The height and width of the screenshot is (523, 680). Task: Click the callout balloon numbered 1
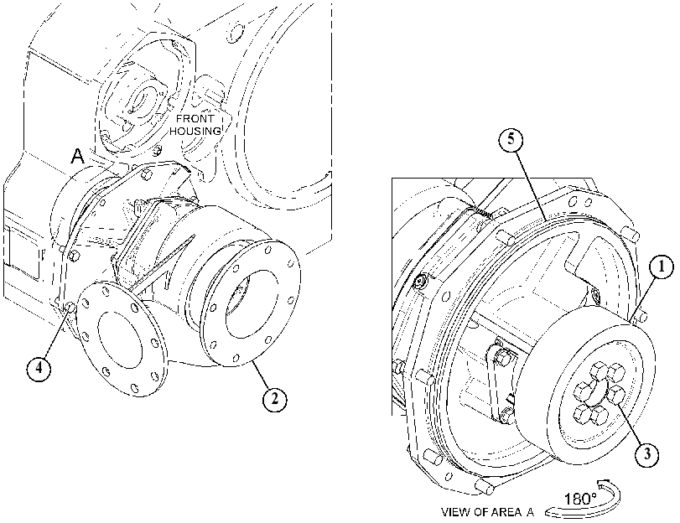click(x=661, y=267)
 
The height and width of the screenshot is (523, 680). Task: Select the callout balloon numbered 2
click(x=274, y=399)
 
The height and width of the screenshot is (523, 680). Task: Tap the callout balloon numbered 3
click(x=647, y=454)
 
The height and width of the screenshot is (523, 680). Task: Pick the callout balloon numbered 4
click(x=39, y=368)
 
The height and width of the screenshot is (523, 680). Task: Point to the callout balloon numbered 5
click(x=511, y=139)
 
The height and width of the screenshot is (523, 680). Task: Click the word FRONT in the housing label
click(x=195, y=118)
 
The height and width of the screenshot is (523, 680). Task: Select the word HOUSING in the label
click(x=195, y=131)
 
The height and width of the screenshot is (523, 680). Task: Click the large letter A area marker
click(x=78, y=157)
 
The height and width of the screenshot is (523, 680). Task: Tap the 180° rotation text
click(x=581, y=499)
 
